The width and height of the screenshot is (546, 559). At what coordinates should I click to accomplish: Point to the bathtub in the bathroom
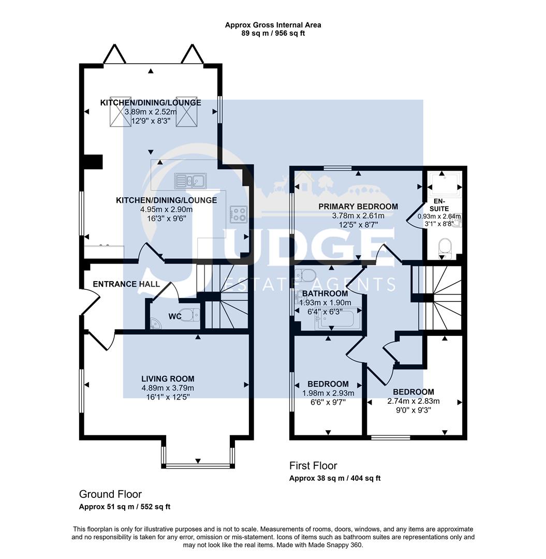click(x=337, y=320)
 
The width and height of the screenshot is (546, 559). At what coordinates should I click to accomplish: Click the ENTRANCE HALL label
click(x=126, y=284)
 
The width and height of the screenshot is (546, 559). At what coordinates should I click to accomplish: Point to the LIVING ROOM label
click(x=168, y=379)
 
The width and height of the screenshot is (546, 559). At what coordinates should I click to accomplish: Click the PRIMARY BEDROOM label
click(x=358, y=207)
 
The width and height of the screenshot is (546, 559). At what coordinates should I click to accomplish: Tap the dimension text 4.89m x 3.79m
click(x=168, y=388)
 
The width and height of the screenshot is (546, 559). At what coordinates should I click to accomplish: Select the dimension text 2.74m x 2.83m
click(x=414, y=401)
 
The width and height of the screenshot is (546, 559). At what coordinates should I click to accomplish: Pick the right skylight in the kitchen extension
click(x=187, y=111)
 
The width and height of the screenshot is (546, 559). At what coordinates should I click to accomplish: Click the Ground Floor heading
click(x=110, y=494)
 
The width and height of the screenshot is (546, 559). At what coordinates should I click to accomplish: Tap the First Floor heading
click(x=313, y=466)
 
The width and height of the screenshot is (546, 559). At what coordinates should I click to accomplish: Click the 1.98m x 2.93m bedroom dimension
click(x=328, y=393)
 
